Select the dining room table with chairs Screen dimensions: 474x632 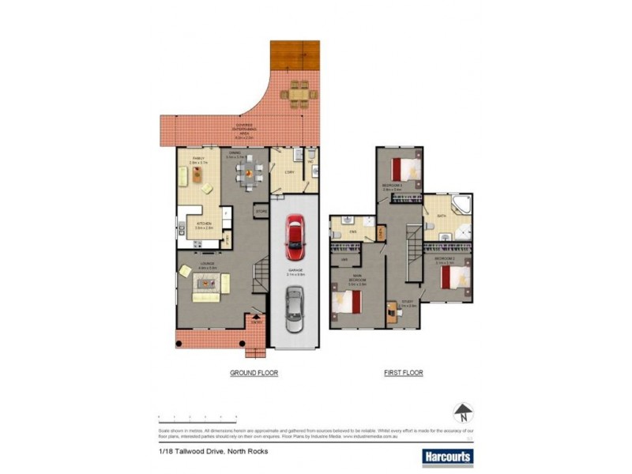(248, 173)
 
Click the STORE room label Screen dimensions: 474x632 (261, 211)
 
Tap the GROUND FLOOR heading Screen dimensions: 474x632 (254, 372)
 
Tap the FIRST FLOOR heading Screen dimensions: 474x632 (403, 372)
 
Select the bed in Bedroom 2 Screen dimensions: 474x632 (455, 277)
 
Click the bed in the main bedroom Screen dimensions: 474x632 (348, 303)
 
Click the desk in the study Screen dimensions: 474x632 (393, 311)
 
